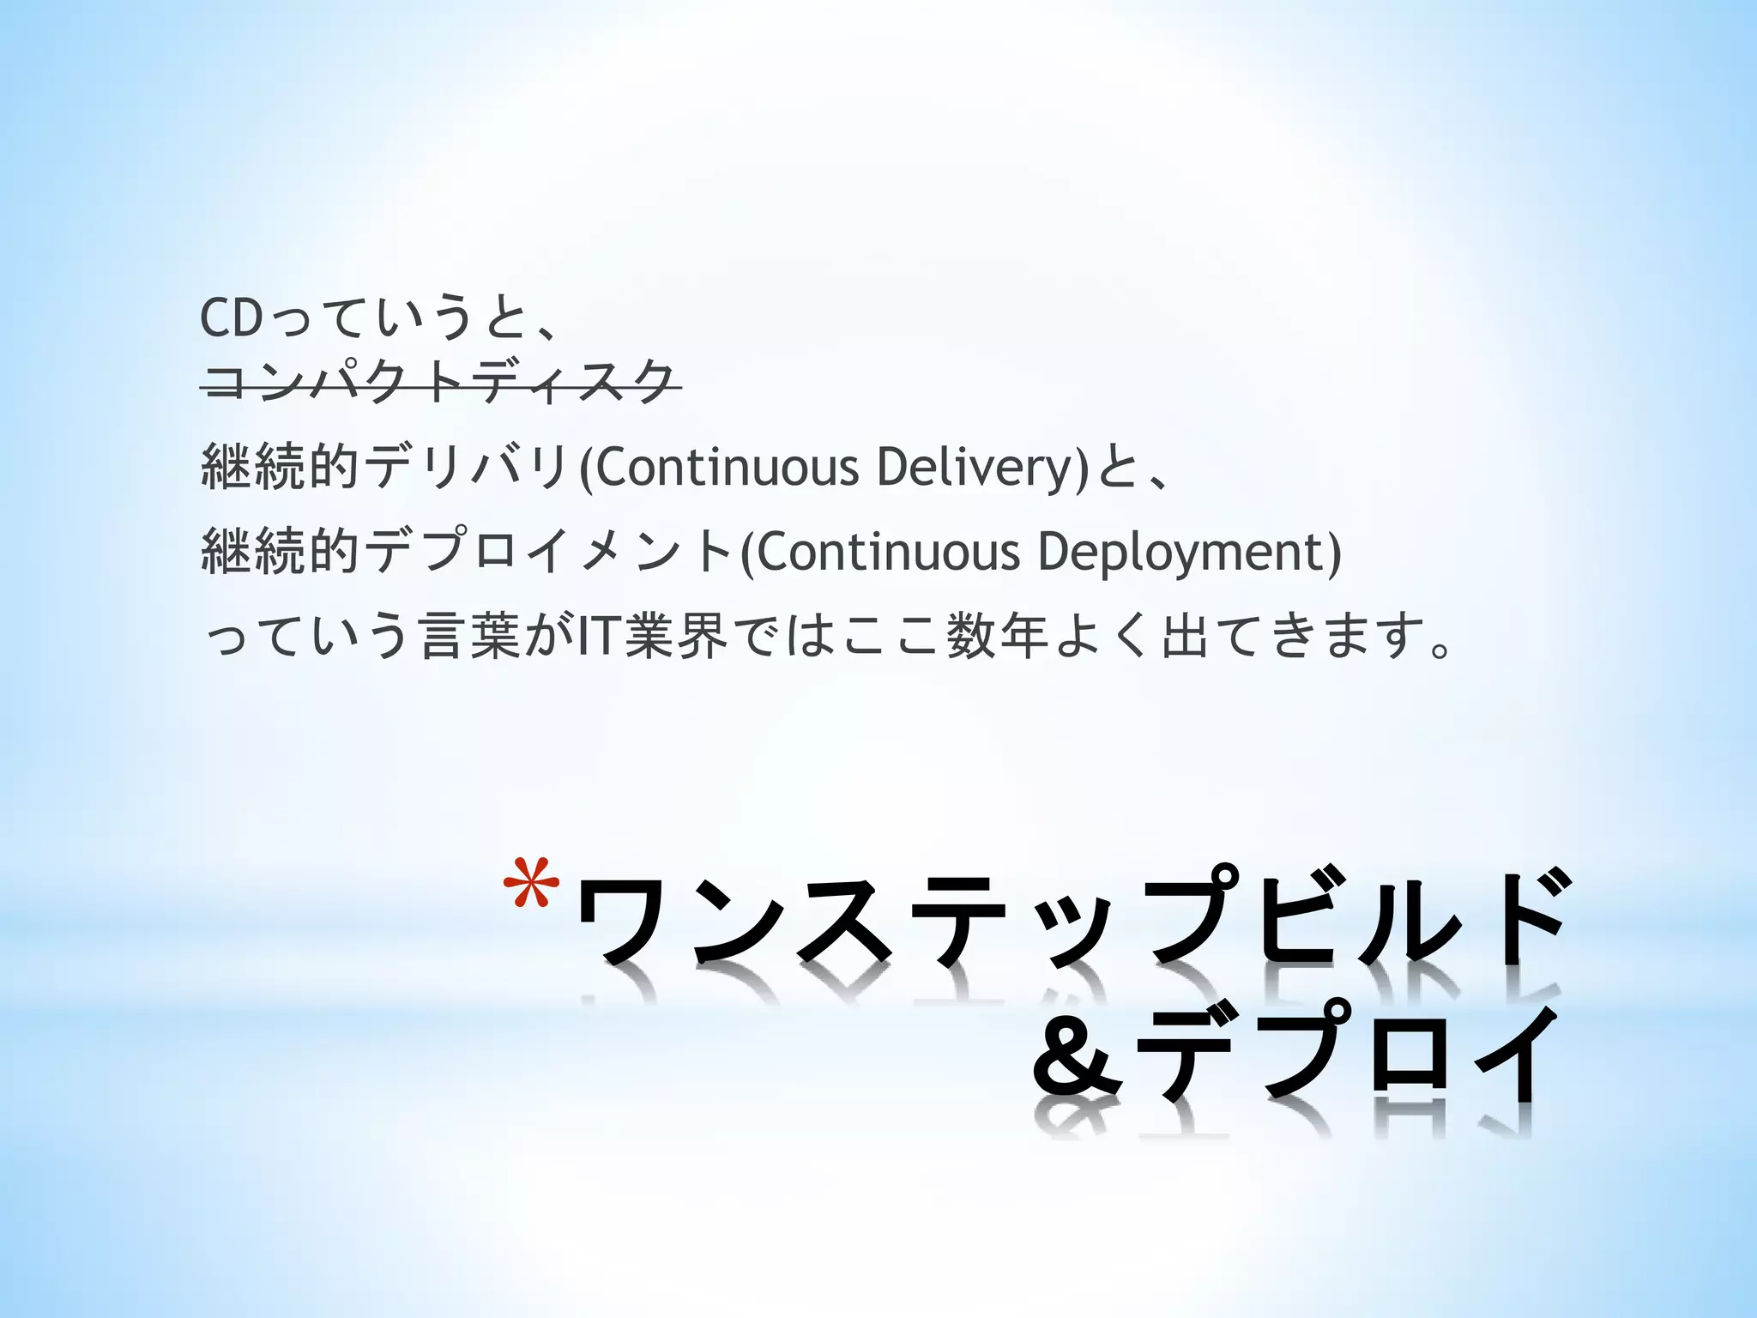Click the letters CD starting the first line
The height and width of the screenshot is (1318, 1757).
[x=230, y=319]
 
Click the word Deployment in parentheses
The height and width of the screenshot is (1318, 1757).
[x=1180, y=552]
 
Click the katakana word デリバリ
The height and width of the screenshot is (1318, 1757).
[x=467, y=469]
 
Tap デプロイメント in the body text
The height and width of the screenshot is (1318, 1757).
[x=549, y=552]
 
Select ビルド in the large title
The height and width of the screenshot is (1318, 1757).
[x=1407, y=927]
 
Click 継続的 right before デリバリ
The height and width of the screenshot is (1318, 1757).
[x=279, y=469]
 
